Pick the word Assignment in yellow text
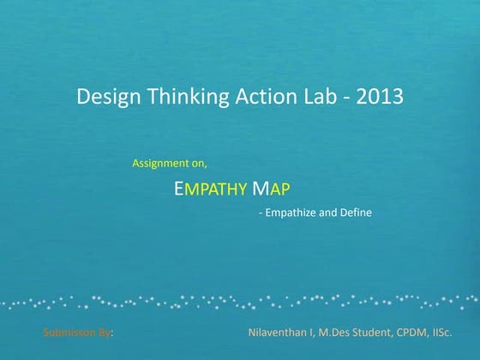160,162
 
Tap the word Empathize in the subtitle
290,213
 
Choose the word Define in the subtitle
355,213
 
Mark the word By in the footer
105,331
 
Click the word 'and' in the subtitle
327,213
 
